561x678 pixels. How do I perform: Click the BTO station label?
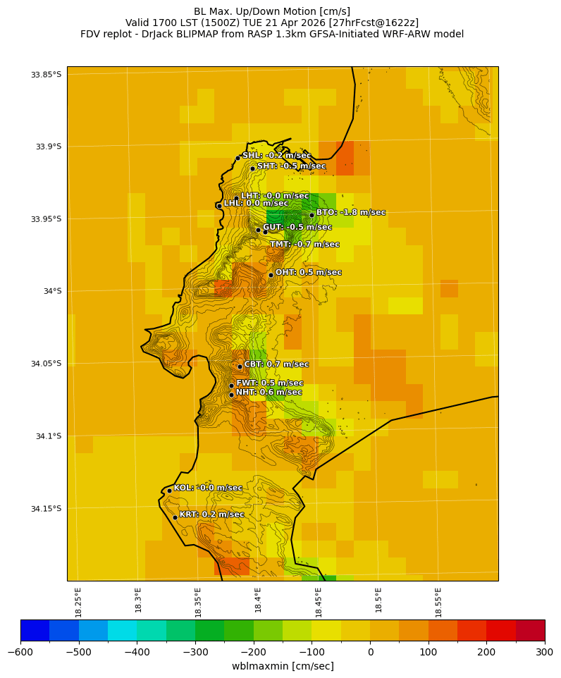350,212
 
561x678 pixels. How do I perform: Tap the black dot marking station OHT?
271,275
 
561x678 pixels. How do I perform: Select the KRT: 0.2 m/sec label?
211,514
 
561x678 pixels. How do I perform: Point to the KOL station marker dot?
169,491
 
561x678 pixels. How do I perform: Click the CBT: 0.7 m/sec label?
276,364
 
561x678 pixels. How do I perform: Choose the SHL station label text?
276,156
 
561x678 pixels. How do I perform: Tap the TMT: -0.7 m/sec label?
304,245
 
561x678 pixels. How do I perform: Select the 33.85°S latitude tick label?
46,75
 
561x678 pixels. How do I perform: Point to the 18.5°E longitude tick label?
378,602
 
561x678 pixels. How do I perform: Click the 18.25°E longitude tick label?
78,602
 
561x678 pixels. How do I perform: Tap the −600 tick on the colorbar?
20,652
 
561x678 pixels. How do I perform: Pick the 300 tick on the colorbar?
545,652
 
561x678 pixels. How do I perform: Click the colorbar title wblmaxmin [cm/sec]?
283,666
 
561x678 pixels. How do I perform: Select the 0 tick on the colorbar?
370,652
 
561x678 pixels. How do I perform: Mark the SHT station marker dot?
252,168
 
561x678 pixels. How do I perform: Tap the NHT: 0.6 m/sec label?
269,393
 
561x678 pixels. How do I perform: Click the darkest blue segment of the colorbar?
35,630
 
